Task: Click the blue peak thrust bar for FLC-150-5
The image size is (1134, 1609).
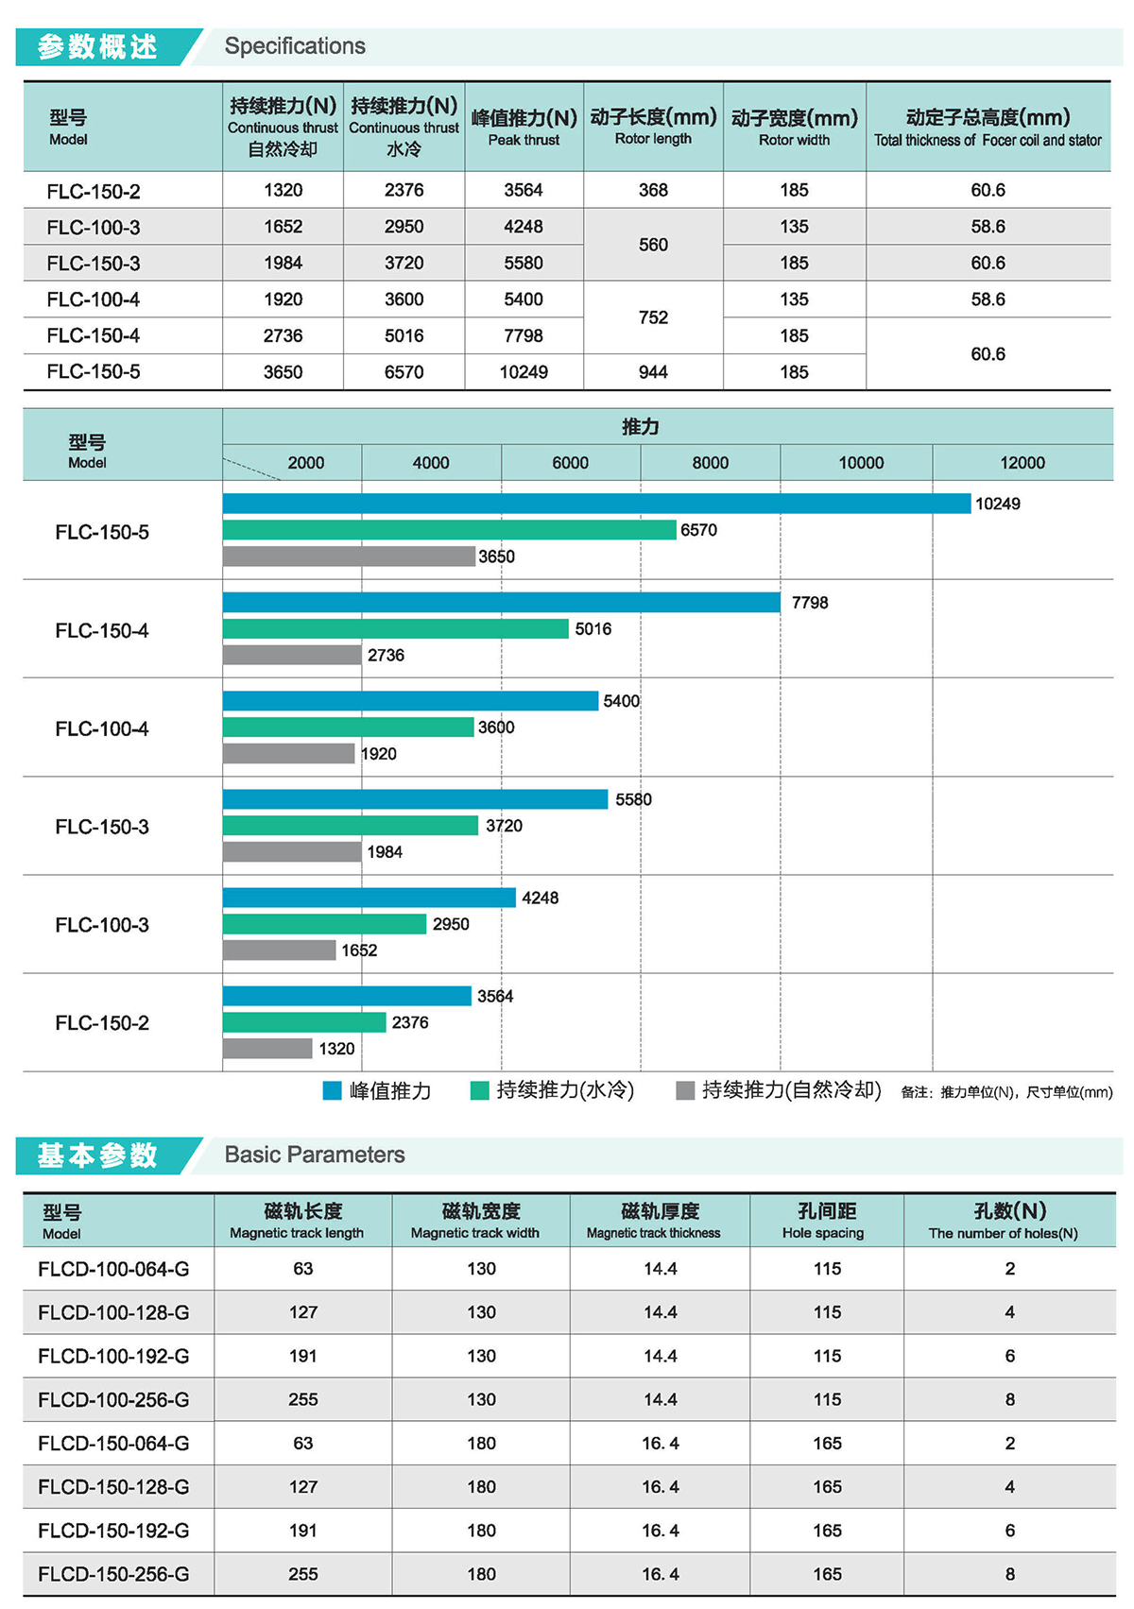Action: pos(596,504)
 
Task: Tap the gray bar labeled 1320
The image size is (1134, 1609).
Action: pos(267,1048)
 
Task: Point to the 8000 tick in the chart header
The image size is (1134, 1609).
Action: pos(710,463)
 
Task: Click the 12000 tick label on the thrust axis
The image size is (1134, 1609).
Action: pos(1022,463)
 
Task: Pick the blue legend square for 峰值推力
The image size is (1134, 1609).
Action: pos(332,1090)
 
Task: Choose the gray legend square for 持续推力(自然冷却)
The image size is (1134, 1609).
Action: pos(685,1090)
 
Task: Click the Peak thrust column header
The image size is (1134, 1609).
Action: pos(524,127)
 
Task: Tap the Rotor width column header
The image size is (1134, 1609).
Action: pos(794,127)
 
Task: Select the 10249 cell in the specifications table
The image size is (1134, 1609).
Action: pos(524,372)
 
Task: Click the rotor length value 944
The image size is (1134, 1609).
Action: pos(653,372)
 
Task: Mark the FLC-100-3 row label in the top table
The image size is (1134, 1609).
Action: pos(94,228)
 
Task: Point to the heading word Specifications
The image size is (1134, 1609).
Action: pos(295,46)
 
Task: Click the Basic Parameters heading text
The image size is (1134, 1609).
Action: pos(315,1155)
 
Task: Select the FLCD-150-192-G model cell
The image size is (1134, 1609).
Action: pos(113,1531)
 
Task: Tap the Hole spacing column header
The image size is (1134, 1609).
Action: pos(826,1221)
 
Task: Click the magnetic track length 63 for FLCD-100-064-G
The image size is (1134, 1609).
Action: pos(302,1269)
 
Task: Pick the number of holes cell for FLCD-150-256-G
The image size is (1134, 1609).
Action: pos(1009,1574)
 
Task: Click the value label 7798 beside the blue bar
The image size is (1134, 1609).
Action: pos(810,603)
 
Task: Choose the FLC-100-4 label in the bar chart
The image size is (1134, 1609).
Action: pos(102,728)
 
